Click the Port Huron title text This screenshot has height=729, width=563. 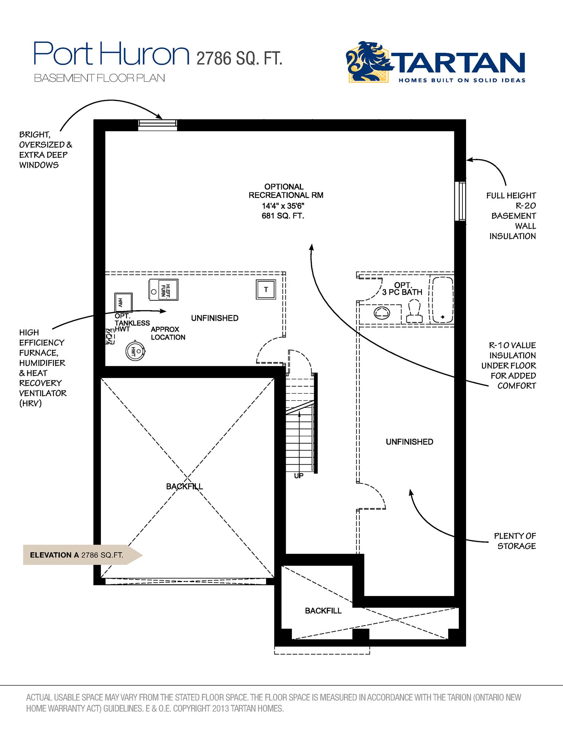coord(112,54)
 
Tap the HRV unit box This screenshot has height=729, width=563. coord(123,302)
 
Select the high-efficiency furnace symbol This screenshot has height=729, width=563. coord(163,290)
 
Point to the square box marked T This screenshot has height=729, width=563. coord(266,290)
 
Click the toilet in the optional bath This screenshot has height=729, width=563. coord(414,312)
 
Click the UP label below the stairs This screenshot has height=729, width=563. coord(298,476)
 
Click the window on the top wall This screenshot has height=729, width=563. coord(157,125)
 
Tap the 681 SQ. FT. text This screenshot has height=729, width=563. coord(282,216)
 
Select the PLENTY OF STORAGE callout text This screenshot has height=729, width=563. coord(515,541)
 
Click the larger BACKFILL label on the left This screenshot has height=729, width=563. coord(184,487)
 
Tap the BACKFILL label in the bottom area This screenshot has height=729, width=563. coord(323,611)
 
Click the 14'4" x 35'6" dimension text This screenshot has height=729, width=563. coord(283,206)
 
